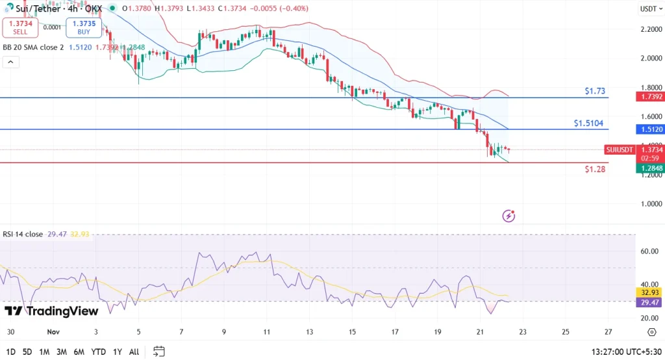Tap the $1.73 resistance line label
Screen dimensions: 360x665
596,91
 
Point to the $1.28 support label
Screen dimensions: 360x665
595,169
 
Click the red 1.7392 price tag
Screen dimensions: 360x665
651,96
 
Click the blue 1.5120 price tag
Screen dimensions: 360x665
651,129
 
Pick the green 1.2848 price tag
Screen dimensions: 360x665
651,168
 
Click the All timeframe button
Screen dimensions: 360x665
134,352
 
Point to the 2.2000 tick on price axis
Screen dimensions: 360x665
651,29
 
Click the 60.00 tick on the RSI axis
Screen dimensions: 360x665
649,251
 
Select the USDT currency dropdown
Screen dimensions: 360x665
649,9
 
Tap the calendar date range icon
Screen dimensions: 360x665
158,352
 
